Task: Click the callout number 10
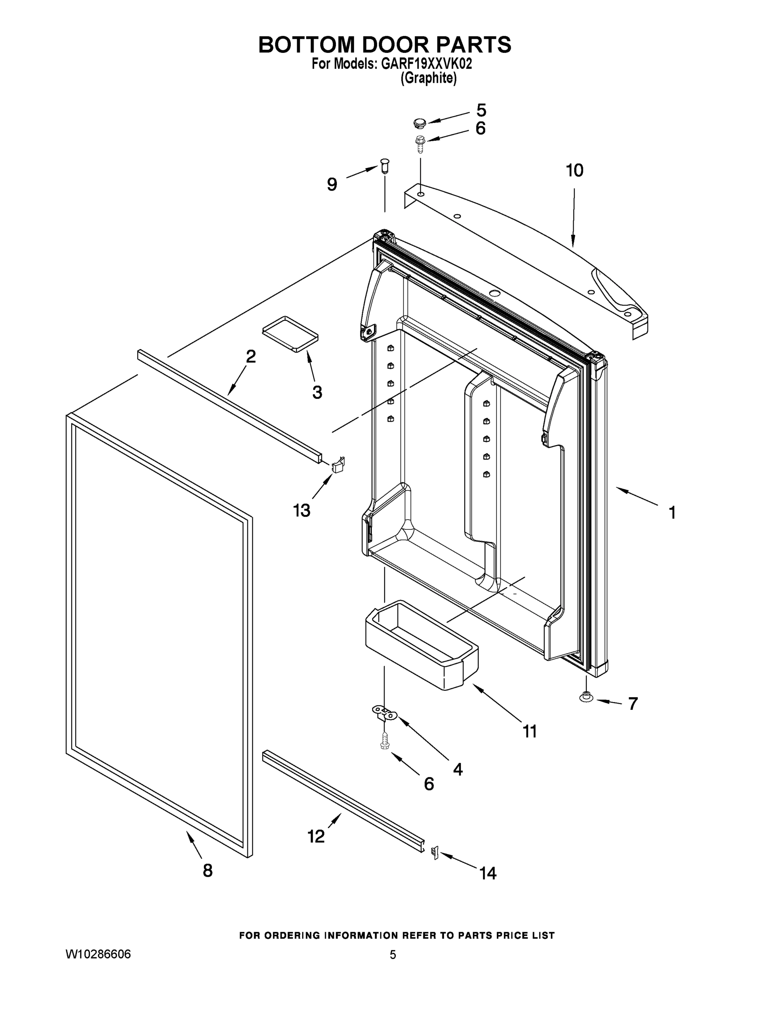pos(574,170)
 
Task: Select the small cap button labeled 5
pos(419,123)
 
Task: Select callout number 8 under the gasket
pos(207,870)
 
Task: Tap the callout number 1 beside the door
pos(672,512)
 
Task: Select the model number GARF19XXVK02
pos(426,64)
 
